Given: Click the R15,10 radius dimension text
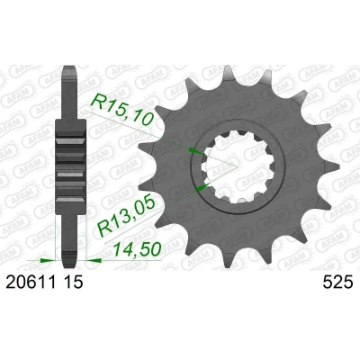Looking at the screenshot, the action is point(122,109).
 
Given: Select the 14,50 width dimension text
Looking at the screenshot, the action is point(137,249).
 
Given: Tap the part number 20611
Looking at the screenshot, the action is point(31,282).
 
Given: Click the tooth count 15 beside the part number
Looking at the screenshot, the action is point(73,282).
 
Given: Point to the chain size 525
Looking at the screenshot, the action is point(337,282).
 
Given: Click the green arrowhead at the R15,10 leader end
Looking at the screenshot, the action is point(195,150).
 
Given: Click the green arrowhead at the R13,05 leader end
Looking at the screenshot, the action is point(202,187).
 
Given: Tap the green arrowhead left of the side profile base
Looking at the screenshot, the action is point(48,260).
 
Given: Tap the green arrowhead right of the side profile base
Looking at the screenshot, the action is point(94,260).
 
